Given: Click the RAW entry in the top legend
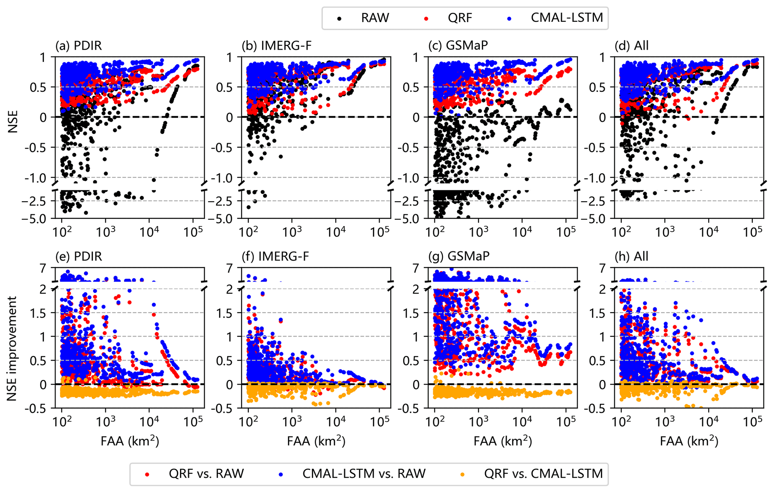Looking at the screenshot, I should pos(374,18).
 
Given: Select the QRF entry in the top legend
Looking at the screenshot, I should pos(460,18).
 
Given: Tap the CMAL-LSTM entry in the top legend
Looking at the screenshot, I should pos(567,18).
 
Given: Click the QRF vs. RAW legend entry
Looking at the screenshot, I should pos(206,474).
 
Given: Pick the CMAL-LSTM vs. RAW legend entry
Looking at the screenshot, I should pos(364,474).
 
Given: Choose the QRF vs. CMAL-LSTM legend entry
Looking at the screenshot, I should pos(543,474).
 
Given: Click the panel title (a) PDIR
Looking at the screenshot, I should pos(79,46).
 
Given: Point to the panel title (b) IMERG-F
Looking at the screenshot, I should pos(277,46).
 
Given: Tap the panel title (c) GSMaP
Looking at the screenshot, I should pos(458,46).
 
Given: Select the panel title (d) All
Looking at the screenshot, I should pos(632,46).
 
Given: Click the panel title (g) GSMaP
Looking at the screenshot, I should pos(458,256).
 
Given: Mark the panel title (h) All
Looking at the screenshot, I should pos(632,256).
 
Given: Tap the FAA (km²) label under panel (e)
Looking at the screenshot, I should pos(130,441).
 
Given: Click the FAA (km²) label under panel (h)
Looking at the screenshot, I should pos(689,441).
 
